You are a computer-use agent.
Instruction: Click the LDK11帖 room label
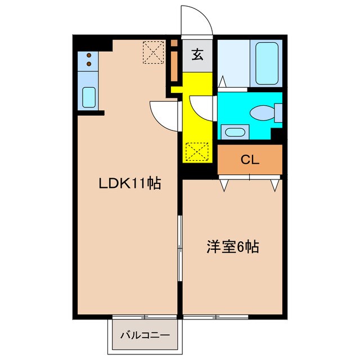(x=130, y=183)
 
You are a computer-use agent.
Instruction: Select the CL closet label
(x=250, y=160)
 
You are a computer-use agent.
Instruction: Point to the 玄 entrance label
(x=198, y=55)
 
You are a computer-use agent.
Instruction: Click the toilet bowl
(x=262, y=112)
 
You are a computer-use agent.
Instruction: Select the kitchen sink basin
(x=89, y=97)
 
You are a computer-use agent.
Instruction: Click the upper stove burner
(x=89, y=55)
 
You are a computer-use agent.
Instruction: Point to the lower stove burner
(x=89, y=65)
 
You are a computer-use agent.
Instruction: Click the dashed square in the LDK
(x=152, y=53)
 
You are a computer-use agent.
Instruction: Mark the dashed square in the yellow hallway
(x=197, y=151)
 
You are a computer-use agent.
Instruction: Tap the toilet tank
(x=278, y=112)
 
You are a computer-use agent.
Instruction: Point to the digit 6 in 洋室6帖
(x=241, y=246)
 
